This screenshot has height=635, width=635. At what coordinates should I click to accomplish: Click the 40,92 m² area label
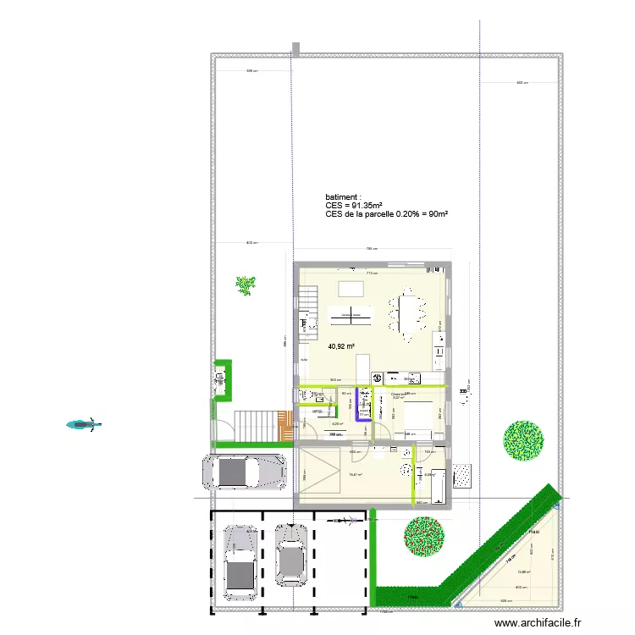click(341, 345)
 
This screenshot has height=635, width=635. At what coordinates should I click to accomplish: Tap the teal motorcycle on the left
click(83, 424)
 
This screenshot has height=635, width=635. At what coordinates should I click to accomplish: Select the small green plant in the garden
click(246, 285)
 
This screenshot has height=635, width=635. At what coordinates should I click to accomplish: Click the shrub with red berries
click(424, 535)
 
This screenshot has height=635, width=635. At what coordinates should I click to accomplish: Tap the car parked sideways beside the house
click(243, 472)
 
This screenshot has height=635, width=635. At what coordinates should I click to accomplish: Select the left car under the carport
click(240, 560)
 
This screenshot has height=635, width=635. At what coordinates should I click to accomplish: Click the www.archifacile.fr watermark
click(538, 622)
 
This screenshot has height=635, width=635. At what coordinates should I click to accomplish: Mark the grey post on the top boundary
click(295, 49)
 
